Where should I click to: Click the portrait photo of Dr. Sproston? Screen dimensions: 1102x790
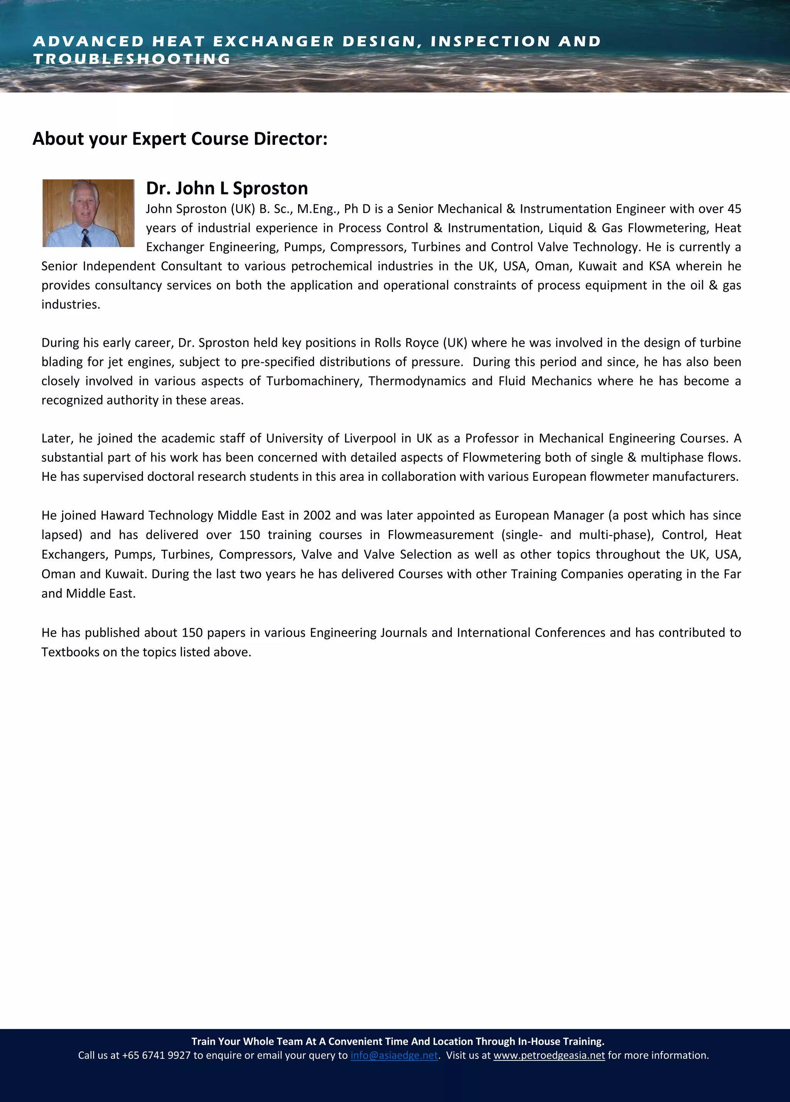point(88,213)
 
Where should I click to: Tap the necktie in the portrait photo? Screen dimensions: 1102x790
point(86,238)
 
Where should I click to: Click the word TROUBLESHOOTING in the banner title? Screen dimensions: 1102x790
point(132,59)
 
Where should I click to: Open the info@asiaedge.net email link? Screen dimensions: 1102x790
point(394,1055)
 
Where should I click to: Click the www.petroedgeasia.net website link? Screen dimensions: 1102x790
point(549,1055)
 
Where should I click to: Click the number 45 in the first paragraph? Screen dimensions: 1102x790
point(734,209)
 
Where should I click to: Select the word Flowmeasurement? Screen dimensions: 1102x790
point(440,534)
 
